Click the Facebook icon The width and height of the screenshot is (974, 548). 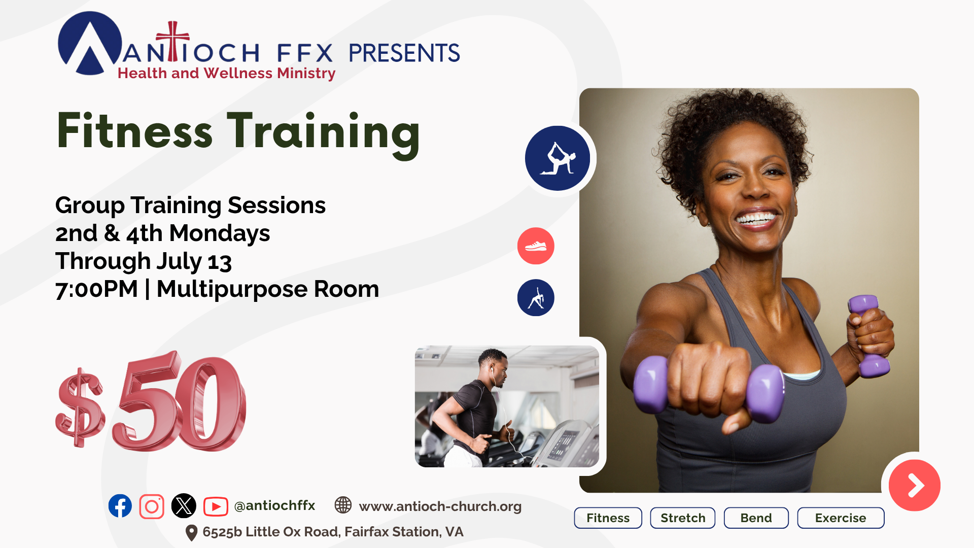120,506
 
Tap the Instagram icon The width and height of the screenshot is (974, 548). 152,506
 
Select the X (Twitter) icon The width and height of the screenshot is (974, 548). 184,506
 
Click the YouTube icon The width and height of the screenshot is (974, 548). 216,506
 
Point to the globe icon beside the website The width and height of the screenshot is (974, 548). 343,505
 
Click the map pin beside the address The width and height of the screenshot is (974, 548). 191,533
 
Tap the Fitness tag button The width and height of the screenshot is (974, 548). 608,518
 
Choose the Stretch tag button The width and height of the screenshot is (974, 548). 683,518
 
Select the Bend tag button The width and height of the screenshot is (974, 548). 756,518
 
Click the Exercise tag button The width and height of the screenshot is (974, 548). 841,518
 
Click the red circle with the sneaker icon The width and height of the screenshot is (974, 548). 536,246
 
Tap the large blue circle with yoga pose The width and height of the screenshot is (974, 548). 558,158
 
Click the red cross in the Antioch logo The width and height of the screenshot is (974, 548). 173,41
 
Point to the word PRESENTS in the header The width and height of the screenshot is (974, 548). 404,53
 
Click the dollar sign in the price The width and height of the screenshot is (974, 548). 80,407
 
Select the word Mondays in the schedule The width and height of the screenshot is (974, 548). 219,234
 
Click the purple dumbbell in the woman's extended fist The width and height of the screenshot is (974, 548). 708,388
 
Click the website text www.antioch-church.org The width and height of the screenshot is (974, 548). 440,506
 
